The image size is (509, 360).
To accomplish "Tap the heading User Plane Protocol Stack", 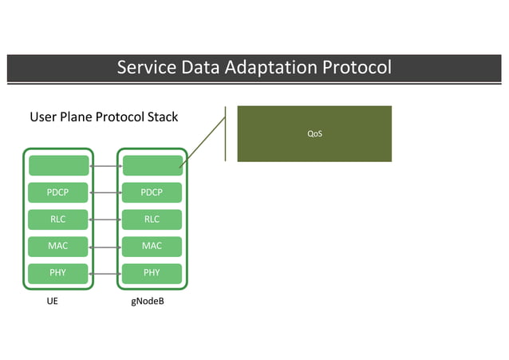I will click(104, 117).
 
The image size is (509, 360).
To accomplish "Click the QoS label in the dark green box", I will click(314, 133).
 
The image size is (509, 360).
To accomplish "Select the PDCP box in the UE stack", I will click(58, 192).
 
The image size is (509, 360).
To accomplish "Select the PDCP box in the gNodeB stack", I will click(152, 192).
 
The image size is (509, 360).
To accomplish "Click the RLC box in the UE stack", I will click(58, 220).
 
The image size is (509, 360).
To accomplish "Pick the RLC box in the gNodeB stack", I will click(152, 220).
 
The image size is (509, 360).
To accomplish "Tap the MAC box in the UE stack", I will click(58, 246).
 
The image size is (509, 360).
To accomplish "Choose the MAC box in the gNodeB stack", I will click(152, 246).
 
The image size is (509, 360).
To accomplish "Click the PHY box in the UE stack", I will click(58, 273).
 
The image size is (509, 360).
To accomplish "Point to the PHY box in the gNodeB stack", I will click(152, 273).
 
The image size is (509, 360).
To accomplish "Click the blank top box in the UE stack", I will click(58, 165).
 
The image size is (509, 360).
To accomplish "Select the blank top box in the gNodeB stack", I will click(152, 165).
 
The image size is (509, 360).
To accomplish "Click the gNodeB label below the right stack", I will click(148, 303).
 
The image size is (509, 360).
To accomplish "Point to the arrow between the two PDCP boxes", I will click(105, 192).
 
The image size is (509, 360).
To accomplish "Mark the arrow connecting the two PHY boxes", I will click(105, 273).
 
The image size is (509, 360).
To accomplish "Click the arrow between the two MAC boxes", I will click(105, 246).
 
